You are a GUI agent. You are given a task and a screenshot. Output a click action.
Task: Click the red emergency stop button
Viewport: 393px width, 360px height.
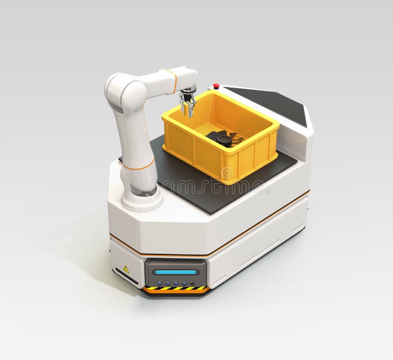pos(216,86)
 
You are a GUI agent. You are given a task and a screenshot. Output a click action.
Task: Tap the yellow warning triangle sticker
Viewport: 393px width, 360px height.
pos(126,269)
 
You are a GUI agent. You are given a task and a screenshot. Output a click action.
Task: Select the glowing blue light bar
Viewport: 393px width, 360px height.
pos(175,272)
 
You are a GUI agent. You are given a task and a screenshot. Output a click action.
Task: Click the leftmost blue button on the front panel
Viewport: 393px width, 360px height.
pos(159,283)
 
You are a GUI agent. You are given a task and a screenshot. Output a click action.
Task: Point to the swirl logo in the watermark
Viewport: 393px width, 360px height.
pos(227,173)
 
